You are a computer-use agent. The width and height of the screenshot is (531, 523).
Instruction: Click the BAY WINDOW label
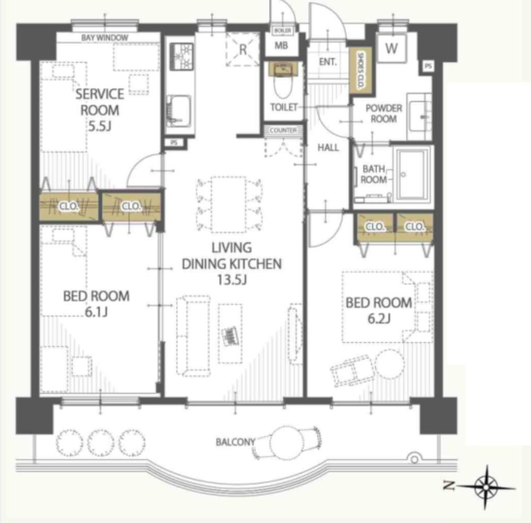coord(105,38)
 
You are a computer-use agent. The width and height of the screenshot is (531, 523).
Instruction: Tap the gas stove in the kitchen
coord(182,57)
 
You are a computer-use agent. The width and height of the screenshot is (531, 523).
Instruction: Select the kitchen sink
coord(179,111)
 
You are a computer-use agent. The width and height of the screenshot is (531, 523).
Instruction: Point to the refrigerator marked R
coord(243,49)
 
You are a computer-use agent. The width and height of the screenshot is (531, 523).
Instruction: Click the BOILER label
coord(282,31)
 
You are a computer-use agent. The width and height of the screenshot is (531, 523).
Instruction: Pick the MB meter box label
coord(281,45)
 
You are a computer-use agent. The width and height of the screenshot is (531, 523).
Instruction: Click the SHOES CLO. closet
coord(361,69)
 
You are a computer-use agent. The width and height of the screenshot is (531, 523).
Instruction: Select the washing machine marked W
coord(391,48)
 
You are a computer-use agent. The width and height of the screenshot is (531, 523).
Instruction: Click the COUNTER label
coord(283,130)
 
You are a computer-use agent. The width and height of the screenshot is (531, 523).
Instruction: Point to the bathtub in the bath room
coord(413,174)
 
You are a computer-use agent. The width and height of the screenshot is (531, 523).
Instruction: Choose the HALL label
coord(328,147)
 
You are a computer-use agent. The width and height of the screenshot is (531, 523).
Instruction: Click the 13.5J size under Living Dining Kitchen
coord(232,280)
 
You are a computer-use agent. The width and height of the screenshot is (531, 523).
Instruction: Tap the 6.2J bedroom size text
coord(379,318)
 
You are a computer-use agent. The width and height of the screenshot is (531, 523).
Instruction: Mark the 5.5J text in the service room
coord(100,126)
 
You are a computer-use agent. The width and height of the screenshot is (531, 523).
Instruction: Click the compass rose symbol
coord(485,487)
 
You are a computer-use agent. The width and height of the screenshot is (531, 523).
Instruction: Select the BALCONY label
coord(235,442)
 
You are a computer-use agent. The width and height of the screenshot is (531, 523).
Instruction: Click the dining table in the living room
coord(228,204)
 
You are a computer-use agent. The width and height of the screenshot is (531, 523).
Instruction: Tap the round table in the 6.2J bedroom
coord(389,364)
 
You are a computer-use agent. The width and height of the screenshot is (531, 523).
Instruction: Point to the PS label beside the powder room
coord(428,66)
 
